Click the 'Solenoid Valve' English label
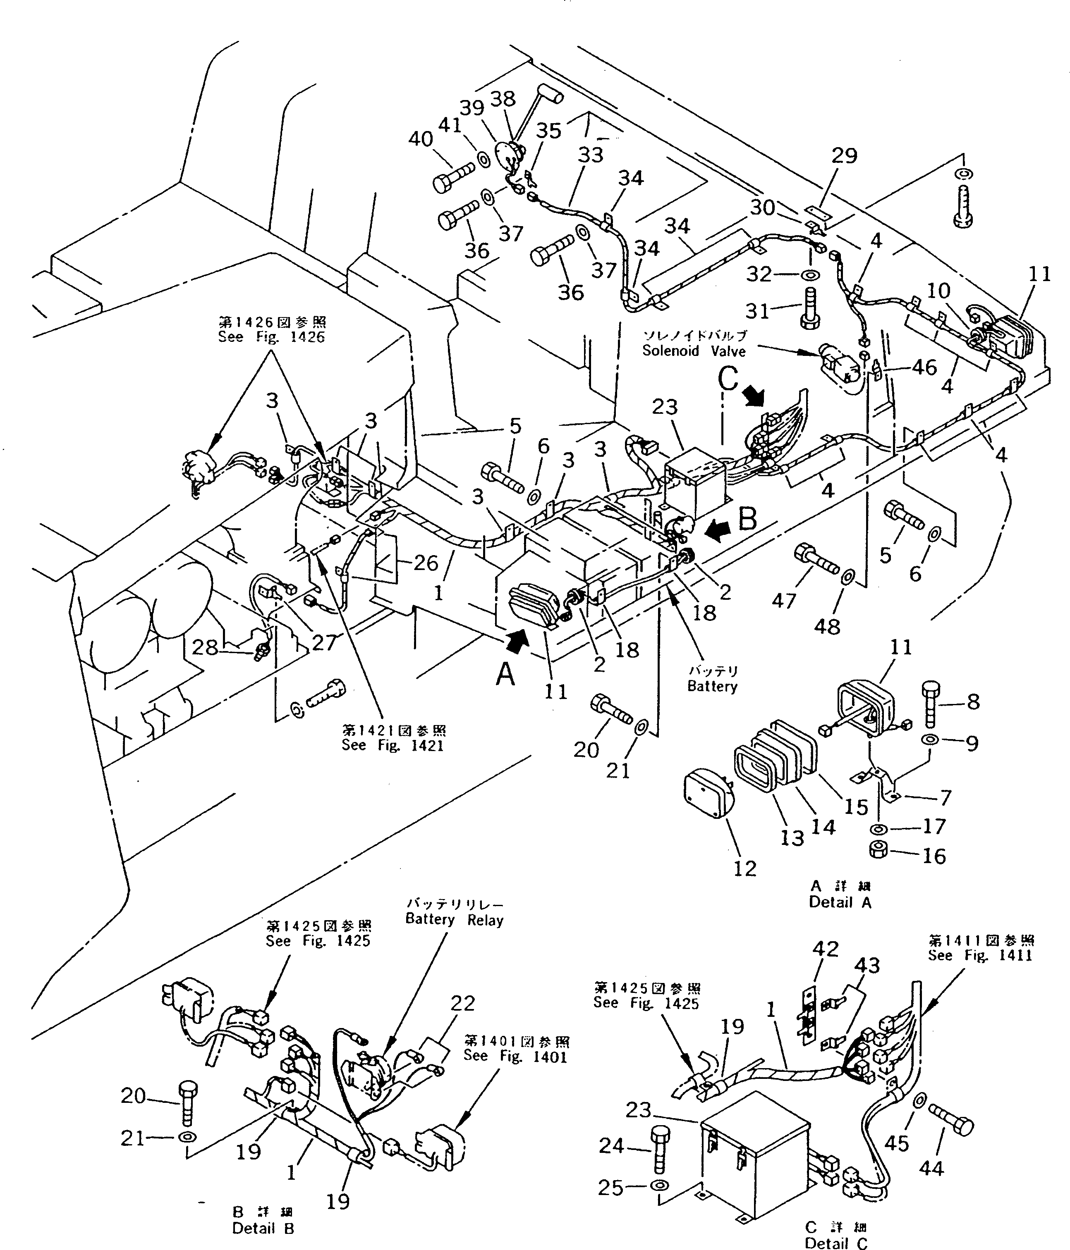(694, 351)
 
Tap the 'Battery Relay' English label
(454, 920)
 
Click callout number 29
(844, 156)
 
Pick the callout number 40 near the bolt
(421, 139)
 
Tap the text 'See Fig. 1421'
(392, 745)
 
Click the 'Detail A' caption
(840, 902)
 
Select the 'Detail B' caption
(263, 1228)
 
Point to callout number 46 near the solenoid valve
(924, 367)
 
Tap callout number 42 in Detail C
(825, 949)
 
